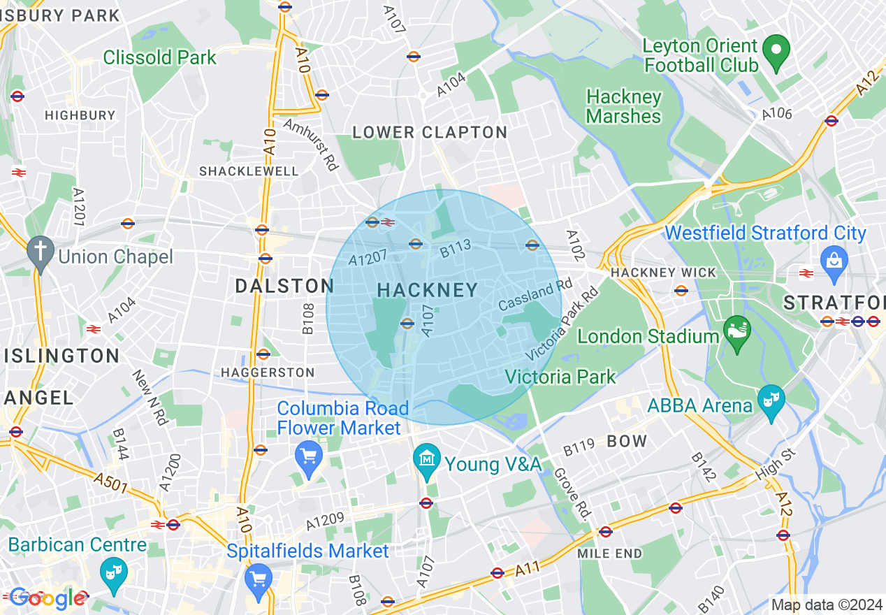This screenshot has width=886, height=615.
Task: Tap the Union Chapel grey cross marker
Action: (x=41, y=254)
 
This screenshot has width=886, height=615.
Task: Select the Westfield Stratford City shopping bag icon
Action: (x=834, y=262)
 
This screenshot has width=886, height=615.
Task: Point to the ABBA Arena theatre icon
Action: (x=771, y=401)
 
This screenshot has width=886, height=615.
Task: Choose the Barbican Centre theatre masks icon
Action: (x=112, y=572)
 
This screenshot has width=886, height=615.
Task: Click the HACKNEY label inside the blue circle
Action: (x=428, y=290)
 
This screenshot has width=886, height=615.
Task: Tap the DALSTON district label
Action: (x=284, y=286)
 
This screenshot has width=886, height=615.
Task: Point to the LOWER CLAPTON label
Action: (x=430, y=132)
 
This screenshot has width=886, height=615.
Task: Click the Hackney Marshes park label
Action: (x=624, y=106)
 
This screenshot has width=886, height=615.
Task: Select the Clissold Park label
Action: (x=160, y=57)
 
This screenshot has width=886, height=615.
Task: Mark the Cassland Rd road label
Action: (x=535, y=296)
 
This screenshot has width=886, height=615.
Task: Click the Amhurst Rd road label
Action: (x=311, y=144)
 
